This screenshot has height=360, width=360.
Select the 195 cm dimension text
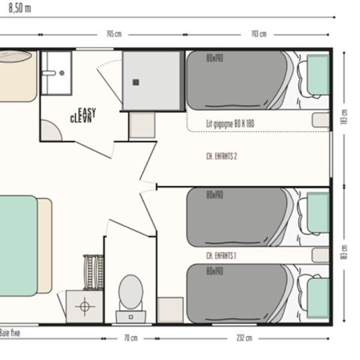[114, 34]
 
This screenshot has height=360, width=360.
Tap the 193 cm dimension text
[259, 34]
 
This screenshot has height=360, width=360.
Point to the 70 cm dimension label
[131, 338]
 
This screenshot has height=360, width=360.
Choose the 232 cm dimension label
[243, 338]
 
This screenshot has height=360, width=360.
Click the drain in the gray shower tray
[137, 82]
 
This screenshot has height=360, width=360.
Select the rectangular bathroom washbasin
[54, 73]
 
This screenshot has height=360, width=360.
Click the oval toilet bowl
[130, 289]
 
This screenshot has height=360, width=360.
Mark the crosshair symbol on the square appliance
[84, 306]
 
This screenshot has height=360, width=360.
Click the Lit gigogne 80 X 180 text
[231, 124]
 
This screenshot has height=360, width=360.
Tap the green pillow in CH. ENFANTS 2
[319, 75]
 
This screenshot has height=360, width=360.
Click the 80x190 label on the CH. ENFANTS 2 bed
[215, 57]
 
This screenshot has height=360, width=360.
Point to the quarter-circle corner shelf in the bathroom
[49, 132]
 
